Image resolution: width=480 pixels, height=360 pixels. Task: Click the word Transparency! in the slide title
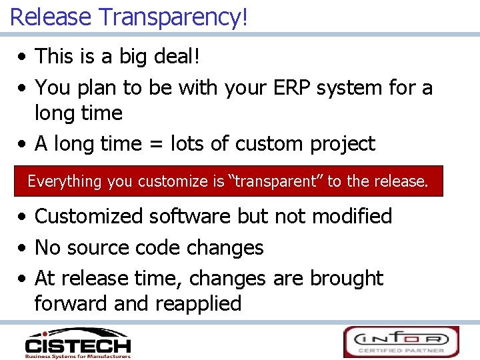click(173, 16)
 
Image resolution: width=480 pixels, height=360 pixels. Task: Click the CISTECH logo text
click(77, 345)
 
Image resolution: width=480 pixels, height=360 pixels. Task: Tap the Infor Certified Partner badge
click(401, 342)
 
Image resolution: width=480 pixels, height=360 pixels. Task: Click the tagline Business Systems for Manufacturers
click(77, 356)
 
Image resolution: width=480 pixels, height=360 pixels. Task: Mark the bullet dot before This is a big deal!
click(23, 57)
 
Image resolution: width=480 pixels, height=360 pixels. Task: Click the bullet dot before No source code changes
click(23, 249)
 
